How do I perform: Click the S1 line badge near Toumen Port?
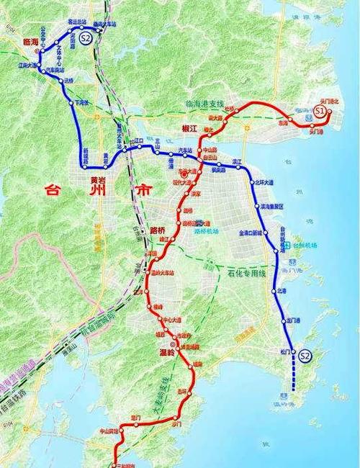(x=321, y=110)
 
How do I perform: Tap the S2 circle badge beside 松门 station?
(x=305, y=355)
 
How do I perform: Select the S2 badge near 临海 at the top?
(x=86, y=37)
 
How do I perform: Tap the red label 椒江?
(x=188, y=128)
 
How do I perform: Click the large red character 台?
(x=53, y=192)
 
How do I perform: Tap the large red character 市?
(x=143, y=192)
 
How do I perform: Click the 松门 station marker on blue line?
(x=293, y=351)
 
